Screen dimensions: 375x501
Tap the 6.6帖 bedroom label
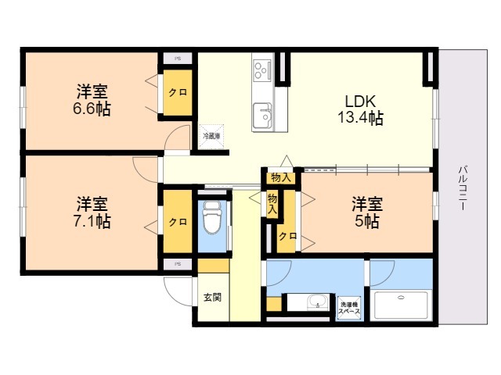pyautogui.click(x=92, y=100)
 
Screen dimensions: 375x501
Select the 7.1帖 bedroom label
pyautogui.click(x=92, y=212)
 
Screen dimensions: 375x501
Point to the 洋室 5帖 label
pyautogui.click(x=366, y=212)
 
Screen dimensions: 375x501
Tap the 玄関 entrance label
pyautogui.click(x=212, y=298)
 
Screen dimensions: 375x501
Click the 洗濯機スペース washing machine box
pyautogui.click(x=349, y=307)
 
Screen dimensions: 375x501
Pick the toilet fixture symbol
pyautogui.click(x=211, y=218)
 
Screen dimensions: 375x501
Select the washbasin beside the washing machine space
pyautogui.click(x=315, y=303)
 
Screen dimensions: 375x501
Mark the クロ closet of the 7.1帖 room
pyautogui.click(x=178, y=222)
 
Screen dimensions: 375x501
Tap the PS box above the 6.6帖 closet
pyautogui.click(x=178, y=58)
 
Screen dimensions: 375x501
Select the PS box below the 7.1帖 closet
pyautogui.click(x=178, y=264)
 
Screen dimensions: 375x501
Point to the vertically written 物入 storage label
pyautogui.click(x=272, y=205)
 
